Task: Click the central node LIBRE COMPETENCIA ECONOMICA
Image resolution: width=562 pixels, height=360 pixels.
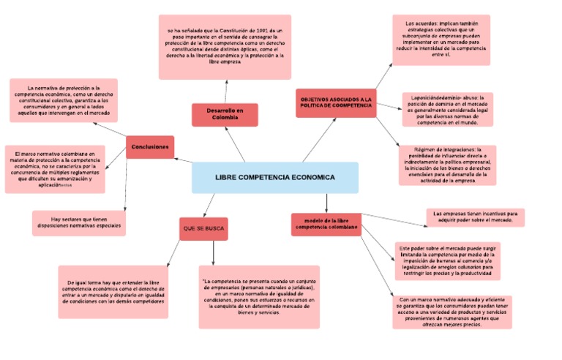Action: coord(275,178)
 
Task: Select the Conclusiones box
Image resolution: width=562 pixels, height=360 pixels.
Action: coord(150,147)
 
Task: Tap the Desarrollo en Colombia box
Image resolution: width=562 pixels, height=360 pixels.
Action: coord(225,114)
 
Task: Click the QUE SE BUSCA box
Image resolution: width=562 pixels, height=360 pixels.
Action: coord(203,229)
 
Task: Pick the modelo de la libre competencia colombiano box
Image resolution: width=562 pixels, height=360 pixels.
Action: coord(326,224)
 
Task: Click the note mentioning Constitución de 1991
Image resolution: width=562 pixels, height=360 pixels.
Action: coord(225,47)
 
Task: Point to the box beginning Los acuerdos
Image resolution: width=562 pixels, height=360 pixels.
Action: coord(441,40)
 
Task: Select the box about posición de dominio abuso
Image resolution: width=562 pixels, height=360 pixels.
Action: coord(448,109)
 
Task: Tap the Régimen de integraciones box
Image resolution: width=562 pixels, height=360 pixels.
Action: coord(447,165)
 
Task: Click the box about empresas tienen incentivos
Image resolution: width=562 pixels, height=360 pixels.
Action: coord(475,217)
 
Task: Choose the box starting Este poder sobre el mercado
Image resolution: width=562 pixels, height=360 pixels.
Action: coord(447,261)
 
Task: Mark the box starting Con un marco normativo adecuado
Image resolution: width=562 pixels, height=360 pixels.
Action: coord(452,312)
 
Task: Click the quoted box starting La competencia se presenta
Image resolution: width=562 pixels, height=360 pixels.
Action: coord(259,296)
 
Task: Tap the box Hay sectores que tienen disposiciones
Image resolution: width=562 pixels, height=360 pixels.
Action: coord(78,223)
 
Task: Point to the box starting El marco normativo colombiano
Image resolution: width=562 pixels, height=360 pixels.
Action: coord(55,169)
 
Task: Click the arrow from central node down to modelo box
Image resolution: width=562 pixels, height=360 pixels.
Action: coord(326,203)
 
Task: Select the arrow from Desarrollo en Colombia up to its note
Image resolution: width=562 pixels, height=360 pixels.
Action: coord(226,91)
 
